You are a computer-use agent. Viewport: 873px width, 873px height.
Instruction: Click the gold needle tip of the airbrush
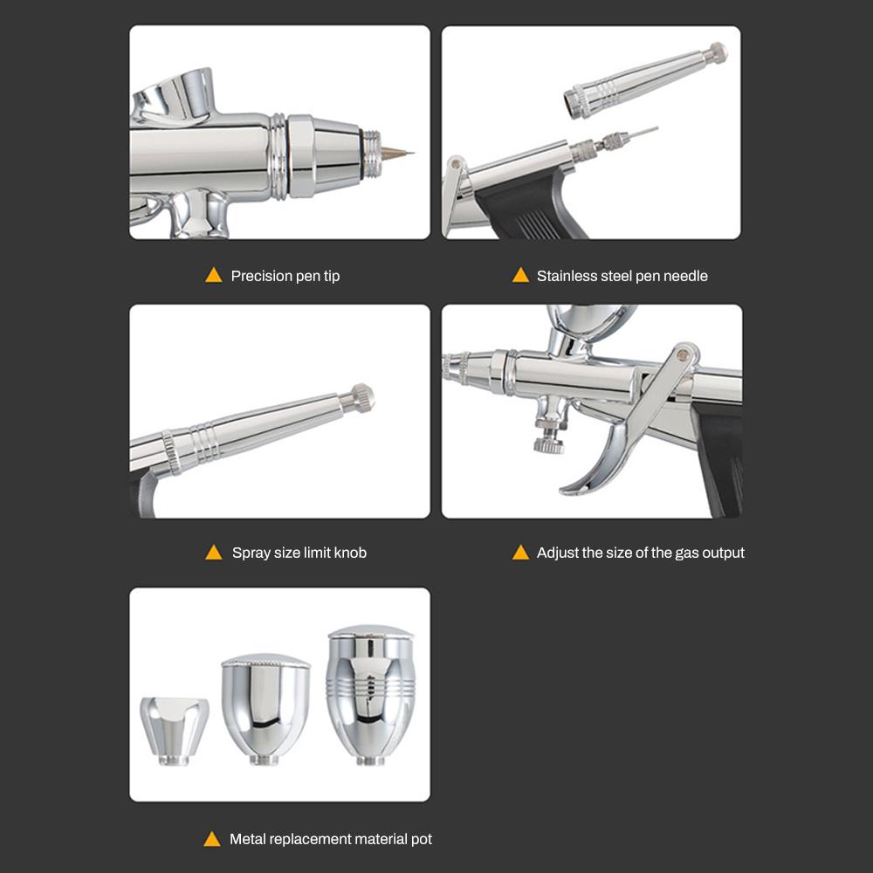tap(399, 154)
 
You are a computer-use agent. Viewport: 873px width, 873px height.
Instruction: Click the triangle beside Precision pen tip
tap(213, 276)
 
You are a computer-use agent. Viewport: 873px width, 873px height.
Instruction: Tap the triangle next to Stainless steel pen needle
tap(520, 276)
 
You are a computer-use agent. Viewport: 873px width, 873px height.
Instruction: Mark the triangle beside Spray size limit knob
tap(213, 553)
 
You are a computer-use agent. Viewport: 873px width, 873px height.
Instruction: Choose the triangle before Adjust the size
tap(520, 553)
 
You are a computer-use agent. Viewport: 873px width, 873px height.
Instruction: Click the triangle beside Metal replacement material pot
tap(212, 839)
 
